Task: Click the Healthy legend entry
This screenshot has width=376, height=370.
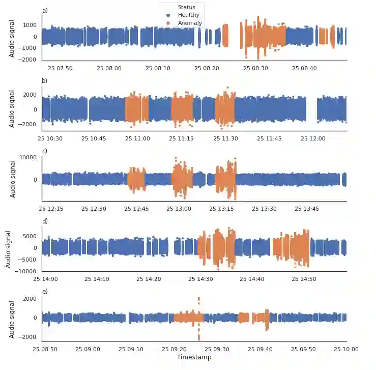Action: [188, 15]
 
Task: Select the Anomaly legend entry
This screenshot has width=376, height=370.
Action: [190, 23]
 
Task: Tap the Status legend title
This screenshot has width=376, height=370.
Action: [187, 8]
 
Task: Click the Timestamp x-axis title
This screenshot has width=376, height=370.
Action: [194, 357]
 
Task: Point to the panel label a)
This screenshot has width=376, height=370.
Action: [45, 11]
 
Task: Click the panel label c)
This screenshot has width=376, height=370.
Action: [45, 151]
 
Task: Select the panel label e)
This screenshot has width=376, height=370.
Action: [45, 291]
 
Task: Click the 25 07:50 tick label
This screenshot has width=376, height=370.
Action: [60, 68]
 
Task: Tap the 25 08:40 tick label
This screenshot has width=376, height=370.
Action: [304, 68]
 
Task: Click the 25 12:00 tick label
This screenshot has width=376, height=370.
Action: [313, 138]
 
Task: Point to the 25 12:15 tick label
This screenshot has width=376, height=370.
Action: [52, 209]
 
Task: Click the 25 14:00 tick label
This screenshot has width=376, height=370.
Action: [46, 279]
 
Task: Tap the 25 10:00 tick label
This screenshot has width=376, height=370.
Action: [346, 349]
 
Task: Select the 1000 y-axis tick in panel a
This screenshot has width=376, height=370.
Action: [30, 25]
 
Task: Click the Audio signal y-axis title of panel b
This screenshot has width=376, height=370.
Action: [13, 108]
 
